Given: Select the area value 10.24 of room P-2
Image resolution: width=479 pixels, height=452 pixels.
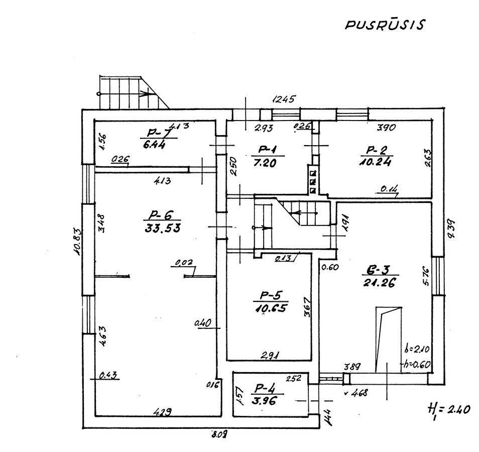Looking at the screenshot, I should click(x=376, y=162).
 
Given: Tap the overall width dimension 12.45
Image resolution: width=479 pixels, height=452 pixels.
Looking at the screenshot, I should click(x=285, y=98).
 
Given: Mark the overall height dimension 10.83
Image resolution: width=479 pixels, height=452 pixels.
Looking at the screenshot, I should click(x=77, y=242).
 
